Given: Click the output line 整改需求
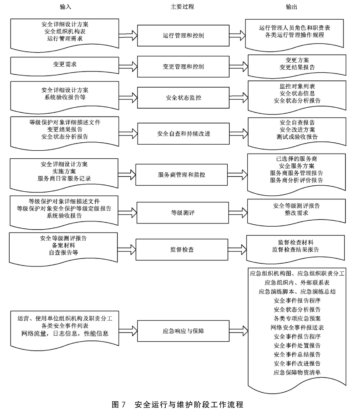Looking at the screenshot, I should coord(297,213).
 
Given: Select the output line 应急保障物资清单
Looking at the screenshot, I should coord(297,372).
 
